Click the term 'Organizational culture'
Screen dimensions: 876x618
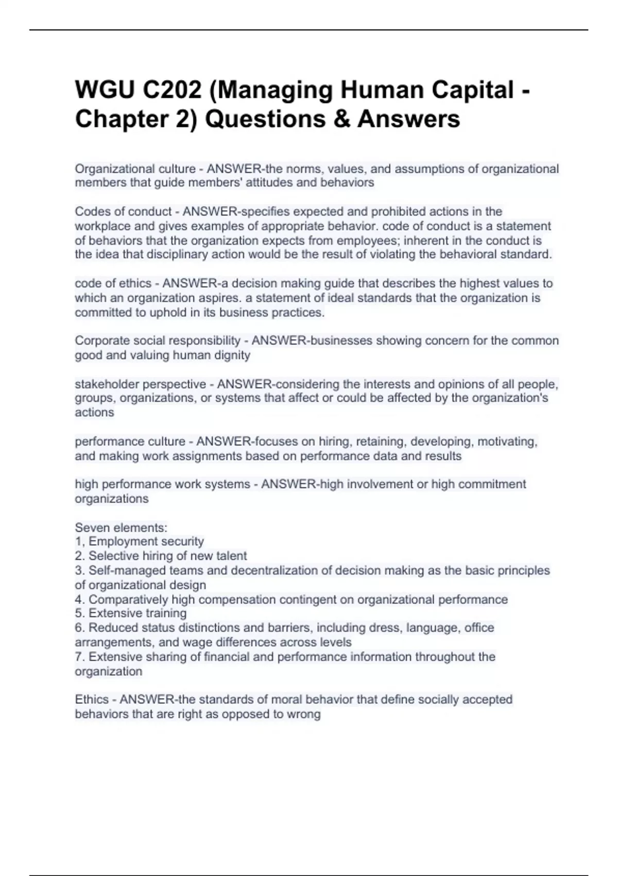pos(135,169)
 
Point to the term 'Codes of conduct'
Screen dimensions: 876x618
pos(123,212)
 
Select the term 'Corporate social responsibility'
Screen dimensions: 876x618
pos(158,341)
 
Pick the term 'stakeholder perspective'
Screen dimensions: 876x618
pos(140,384)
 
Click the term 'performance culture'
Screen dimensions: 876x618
pos(130,442)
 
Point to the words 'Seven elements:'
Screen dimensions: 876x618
pos(121,528)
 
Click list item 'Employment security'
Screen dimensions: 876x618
pos(146,542)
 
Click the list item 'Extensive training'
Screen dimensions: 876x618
pos(137,613)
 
